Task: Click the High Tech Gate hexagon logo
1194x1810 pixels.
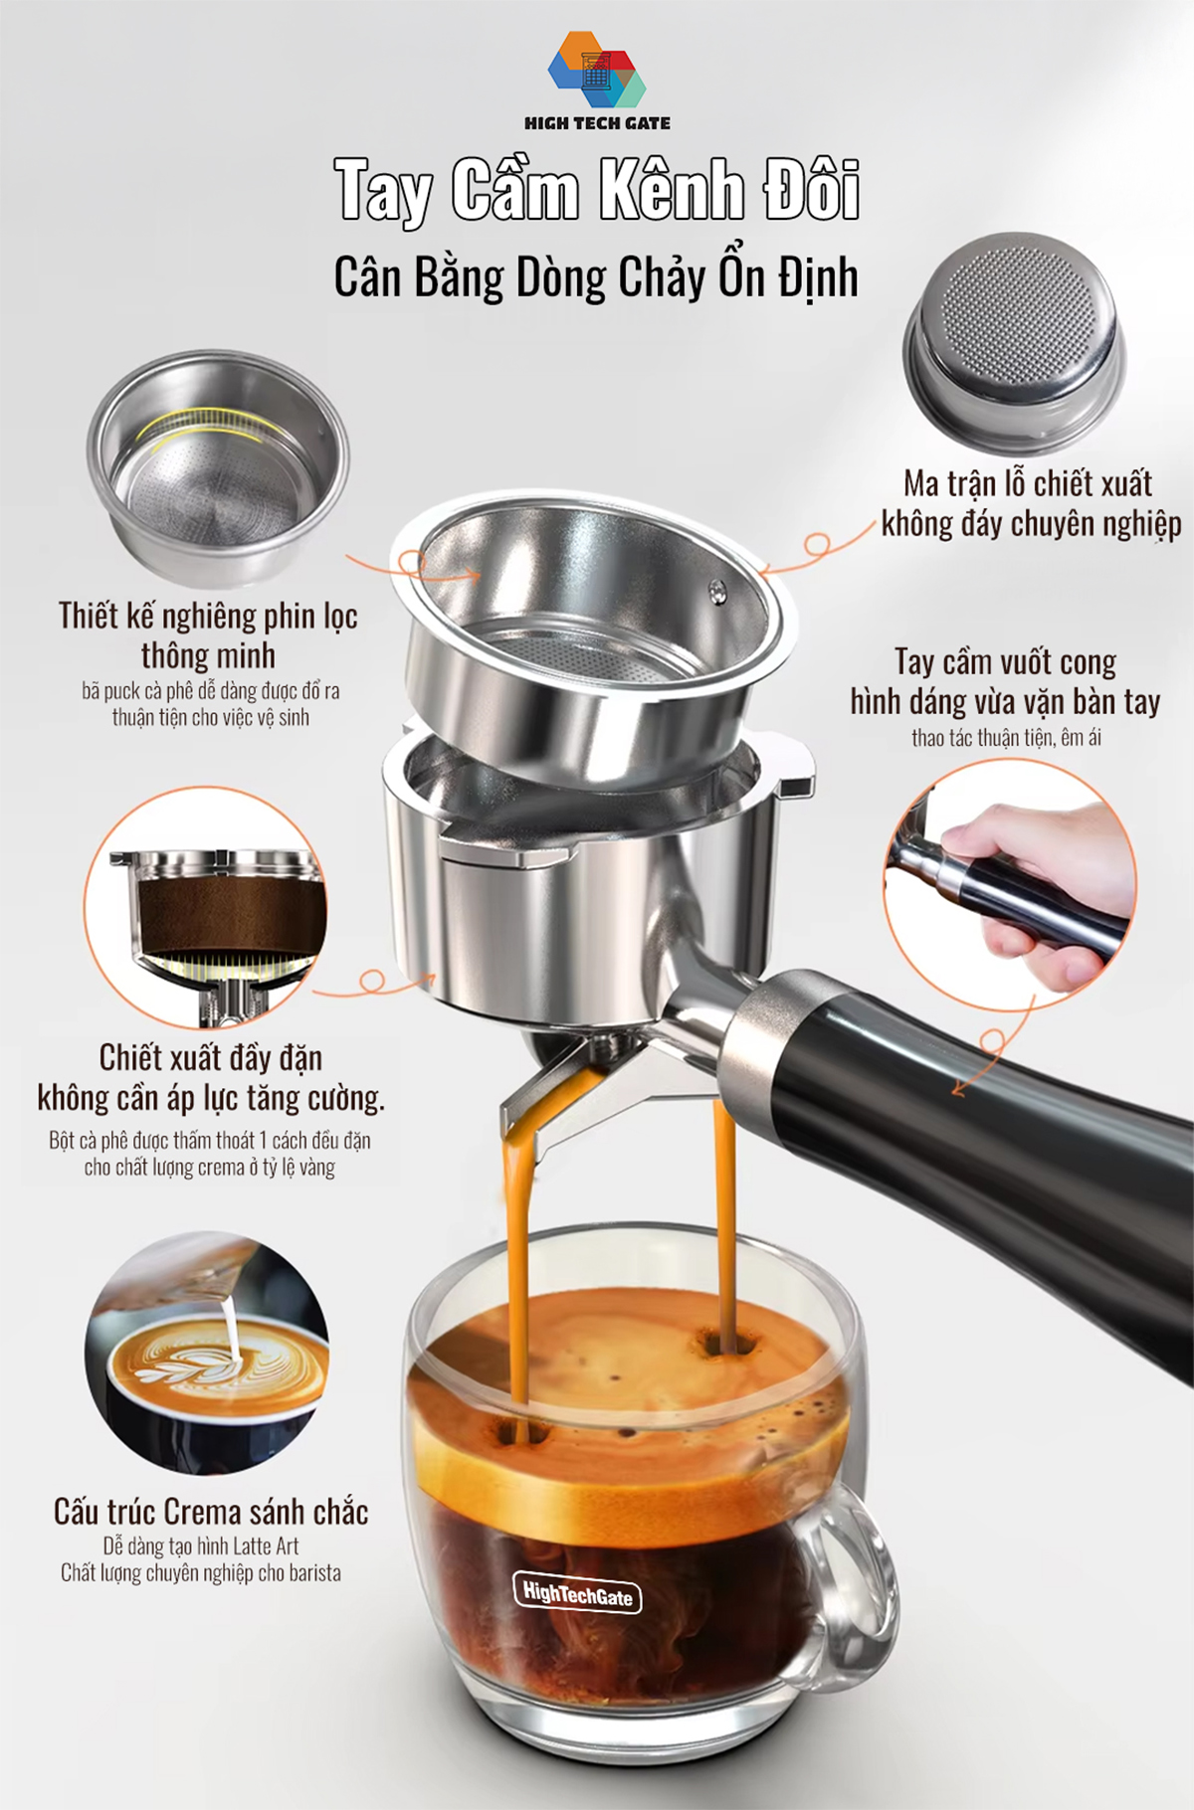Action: tap(597, 70)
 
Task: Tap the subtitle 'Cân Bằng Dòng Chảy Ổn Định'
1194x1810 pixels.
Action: tap(596, 277)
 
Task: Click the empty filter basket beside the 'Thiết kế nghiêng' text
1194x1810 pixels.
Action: tap(218, 466)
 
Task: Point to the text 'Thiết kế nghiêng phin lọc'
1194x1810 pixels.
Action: tap(208, 616)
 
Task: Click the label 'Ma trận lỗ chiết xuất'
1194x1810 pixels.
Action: tap(1028, 483)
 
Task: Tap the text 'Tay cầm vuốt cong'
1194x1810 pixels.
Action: tap(1005, 661)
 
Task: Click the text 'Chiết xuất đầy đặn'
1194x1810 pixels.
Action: tap(211, 1057)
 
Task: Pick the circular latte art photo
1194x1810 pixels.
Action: tap(207, 1352)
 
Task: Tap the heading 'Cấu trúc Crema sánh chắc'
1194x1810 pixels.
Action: tap(211, 1512)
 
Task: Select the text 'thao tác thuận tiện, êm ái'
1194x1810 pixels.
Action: tap(1006, 738)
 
